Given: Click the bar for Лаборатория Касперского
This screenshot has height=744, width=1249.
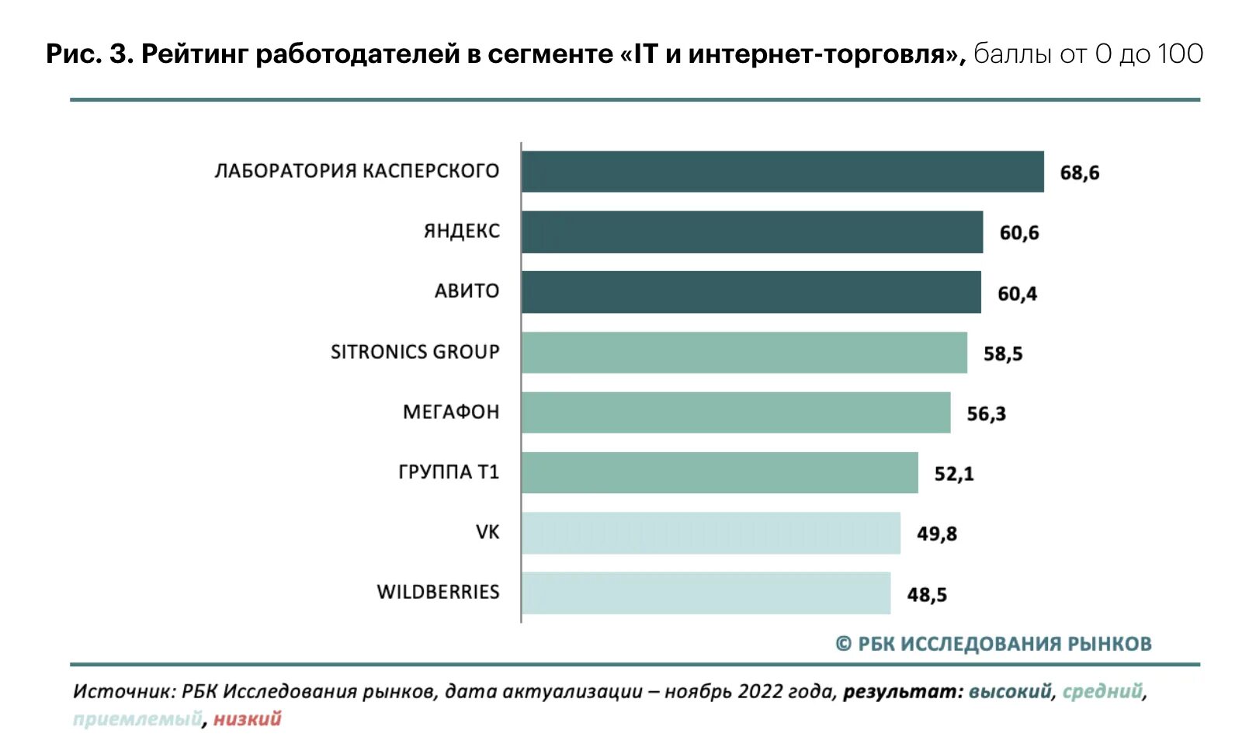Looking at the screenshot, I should point(782,172).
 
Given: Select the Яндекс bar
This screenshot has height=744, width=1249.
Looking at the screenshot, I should point(751,231).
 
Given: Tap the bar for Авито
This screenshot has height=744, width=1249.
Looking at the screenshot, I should point(751,292).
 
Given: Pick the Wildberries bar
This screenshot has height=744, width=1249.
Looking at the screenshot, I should point(706,593).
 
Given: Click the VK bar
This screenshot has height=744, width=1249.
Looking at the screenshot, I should point(710,533).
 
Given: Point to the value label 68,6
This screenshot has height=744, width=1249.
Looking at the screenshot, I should point(1079,172).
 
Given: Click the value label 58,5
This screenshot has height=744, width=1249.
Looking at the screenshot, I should point(1002,354).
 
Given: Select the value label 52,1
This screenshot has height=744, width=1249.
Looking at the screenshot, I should point(953,474).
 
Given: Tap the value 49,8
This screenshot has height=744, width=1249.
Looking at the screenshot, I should point(936,534).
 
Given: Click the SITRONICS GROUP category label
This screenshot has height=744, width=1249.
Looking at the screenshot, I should point(415,352).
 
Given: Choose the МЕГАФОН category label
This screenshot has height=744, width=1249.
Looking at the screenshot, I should point(450,412).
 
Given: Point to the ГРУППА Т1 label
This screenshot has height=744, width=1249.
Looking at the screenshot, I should point(448,472).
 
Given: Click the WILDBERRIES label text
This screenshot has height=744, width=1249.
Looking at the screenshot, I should point(438,592).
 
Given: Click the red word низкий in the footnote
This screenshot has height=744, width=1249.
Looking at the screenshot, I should point(247,719).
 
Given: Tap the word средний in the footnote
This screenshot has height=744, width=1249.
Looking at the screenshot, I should point(1102,691).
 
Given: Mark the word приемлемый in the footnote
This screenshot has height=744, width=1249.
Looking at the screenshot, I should point(137,719).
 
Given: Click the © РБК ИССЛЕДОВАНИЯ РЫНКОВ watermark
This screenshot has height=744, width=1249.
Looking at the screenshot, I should point(993,644).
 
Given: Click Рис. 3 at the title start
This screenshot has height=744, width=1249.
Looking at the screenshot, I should point(90,54).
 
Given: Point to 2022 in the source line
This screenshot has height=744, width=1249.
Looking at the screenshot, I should point(760,691).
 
